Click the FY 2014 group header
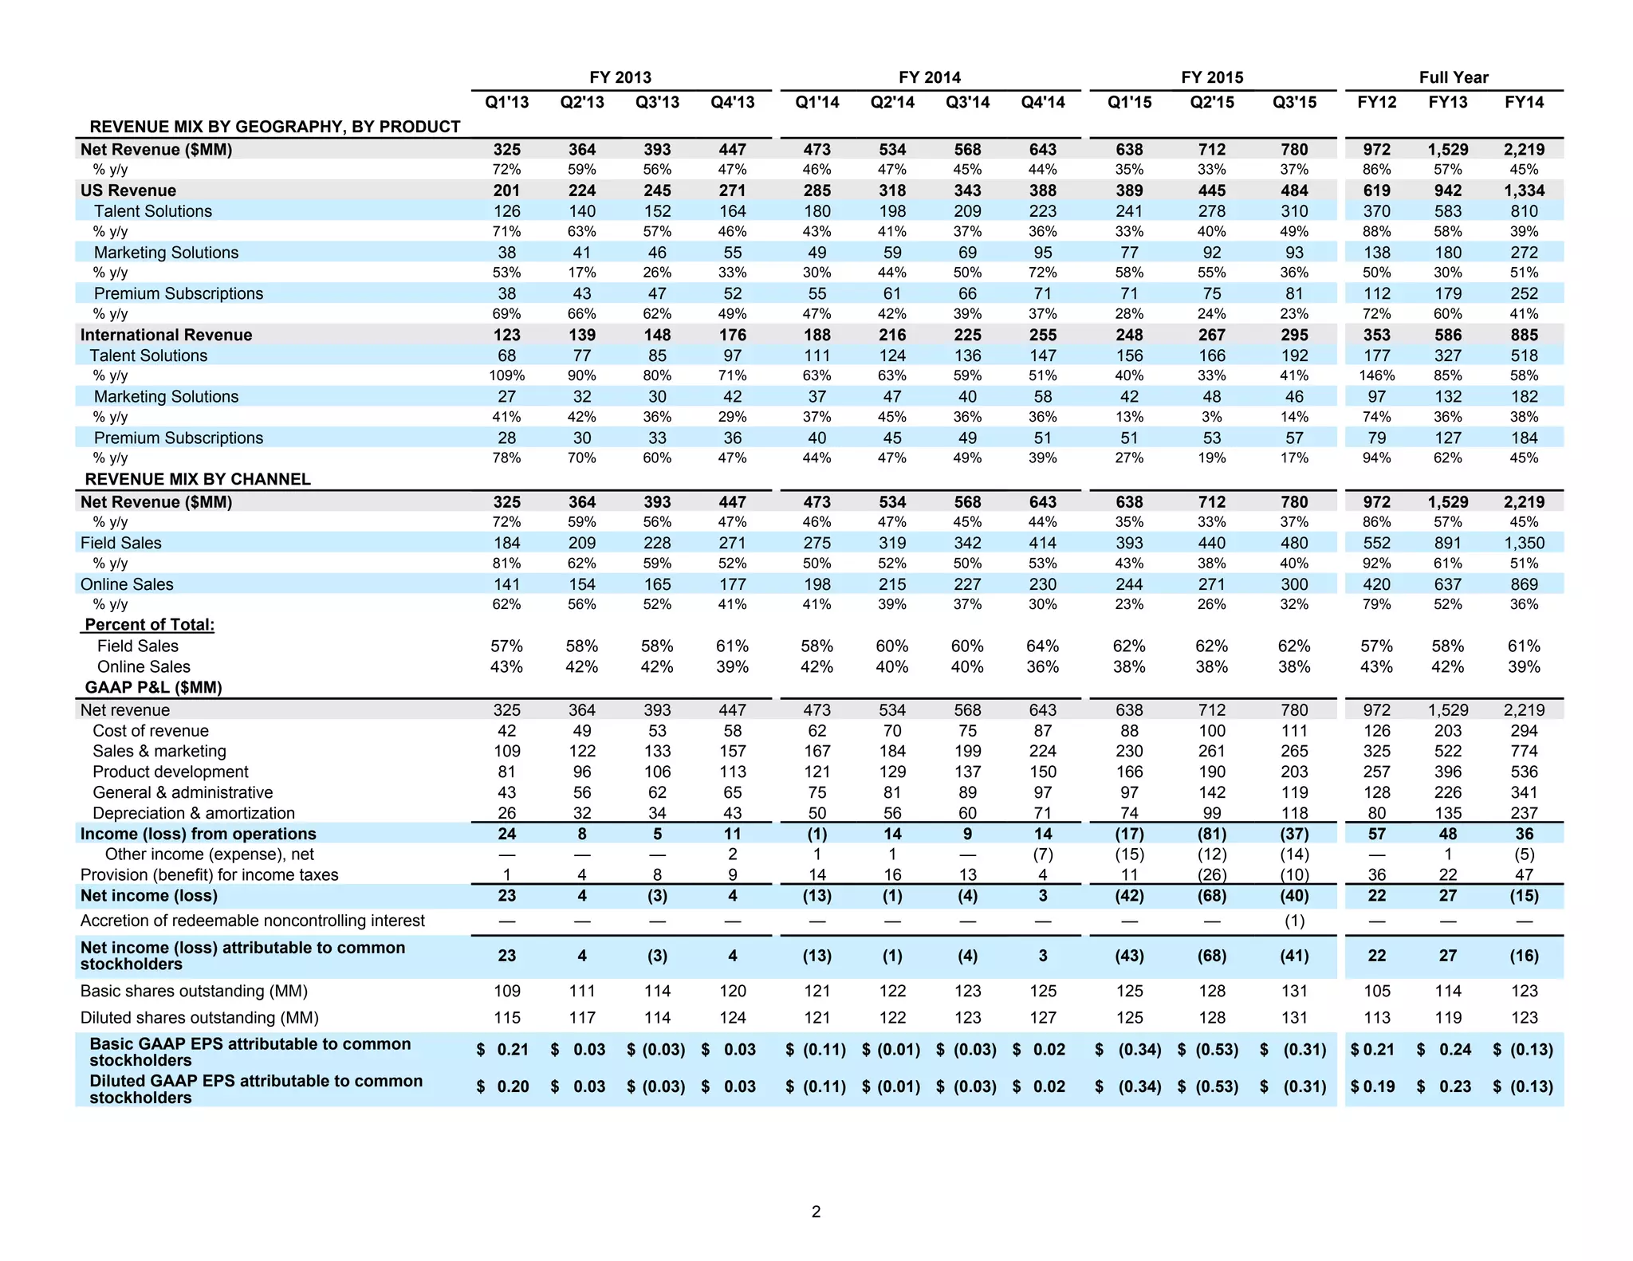(929, 77)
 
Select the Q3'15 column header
(1294, 102)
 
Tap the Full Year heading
(1453, 77)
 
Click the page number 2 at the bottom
(816, 1212)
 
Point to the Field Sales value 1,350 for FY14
(1524, 543)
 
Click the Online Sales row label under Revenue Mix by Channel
(127, 584)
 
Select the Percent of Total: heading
(149, 625)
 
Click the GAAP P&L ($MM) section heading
(153, 687)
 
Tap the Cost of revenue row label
(151, 731)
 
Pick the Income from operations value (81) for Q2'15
(1211, 834)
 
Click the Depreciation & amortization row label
(194, 813)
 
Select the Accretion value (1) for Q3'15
(1294, 921)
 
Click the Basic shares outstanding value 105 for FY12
(1376, 991)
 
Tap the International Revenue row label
(166, 335)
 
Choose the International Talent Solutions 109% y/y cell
(506, 375)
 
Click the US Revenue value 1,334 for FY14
(1524, 191)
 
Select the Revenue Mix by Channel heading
(198, 479)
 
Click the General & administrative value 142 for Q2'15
(1211, 792)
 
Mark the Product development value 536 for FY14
(1524, 772)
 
